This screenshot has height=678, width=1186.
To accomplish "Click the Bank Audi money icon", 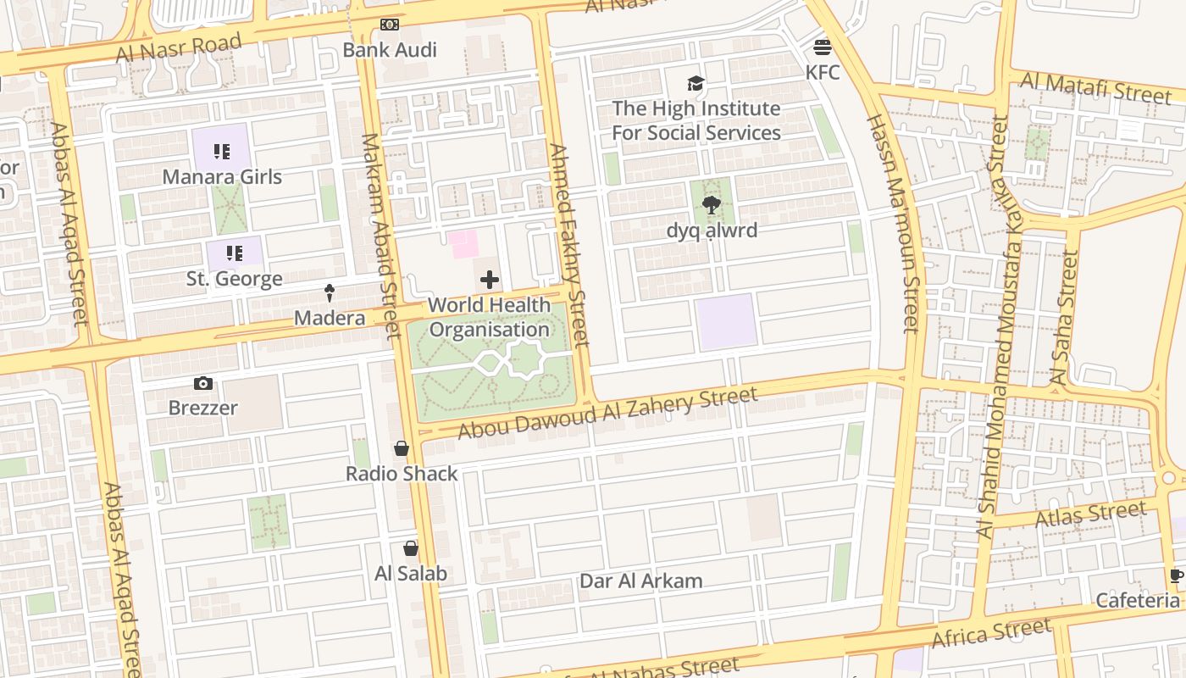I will point(390,25).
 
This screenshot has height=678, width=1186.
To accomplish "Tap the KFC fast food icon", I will point(823,47).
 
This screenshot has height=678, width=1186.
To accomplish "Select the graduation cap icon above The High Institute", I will point(696,83).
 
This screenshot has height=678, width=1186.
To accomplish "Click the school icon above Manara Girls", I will point(222,152).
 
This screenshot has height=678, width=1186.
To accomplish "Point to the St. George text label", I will point(235,278).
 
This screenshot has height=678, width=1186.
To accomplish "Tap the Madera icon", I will point(330,293).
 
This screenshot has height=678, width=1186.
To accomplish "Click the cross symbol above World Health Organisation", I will point(490,280).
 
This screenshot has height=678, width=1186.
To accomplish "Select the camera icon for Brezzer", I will point(202,384).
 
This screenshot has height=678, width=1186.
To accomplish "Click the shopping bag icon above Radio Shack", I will point(402,448).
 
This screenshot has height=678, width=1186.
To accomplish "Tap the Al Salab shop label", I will point(411,574).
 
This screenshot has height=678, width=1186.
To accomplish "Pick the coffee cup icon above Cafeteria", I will point(1176,576).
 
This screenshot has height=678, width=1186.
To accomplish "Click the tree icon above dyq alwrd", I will point(712,204).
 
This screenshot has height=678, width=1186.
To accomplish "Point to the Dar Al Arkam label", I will point(641,581).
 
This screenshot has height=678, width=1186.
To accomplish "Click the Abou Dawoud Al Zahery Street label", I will point(607,413).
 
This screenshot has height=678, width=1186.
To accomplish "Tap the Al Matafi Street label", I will point(1096,87).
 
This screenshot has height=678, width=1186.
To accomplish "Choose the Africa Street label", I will point(991,633).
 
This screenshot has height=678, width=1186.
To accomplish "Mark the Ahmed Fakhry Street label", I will point(568,246).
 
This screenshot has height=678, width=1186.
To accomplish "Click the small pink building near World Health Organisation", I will point(464,245).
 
